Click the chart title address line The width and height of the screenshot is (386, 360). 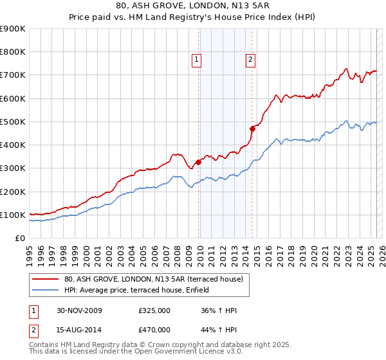coord(193,7)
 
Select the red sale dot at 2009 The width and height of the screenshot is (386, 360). coord(198,162)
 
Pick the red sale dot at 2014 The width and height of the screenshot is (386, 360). coord(252,129)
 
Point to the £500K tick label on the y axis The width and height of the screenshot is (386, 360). coord(13,122)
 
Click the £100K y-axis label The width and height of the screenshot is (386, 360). coord(13,215)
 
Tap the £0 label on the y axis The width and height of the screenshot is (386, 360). coord(19,238)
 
